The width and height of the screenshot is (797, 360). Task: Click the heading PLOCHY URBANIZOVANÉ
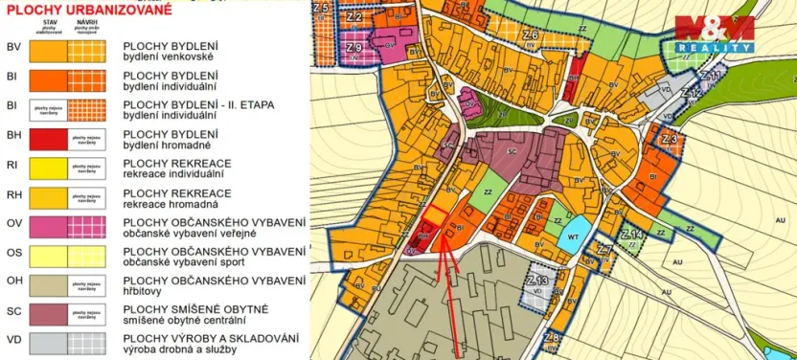point(90,12)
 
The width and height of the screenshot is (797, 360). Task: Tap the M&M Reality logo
point(713,34)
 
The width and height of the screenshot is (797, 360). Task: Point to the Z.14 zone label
point(631,234)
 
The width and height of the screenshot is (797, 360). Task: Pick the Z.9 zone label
point(353,47)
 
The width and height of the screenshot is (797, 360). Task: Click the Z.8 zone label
point(550,337)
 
